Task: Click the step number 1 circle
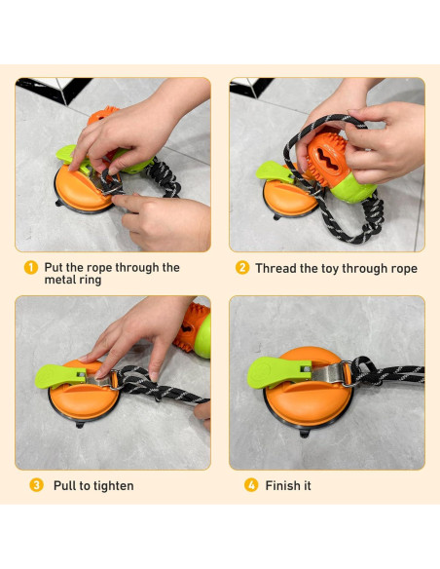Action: coord(31,267)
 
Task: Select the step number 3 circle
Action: coord(36,485)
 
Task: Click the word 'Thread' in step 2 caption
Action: coord(278,268)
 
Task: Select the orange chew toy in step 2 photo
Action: coord(324,156)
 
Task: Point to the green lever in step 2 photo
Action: coord(274,171)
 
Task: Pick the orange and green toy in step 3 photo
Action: coord(193,331)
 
